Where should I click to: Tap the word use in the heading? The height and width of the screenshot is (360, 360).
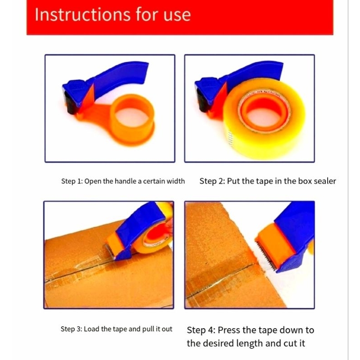click(177, 15)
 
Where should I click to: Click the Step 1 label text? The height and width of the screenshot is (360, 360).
click(72, 181)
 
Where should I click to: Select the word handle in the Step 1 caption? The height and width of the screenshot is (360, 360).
click(126, 181)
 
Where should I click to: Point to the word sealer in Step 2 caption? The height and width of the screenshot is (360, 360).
click(325, 181)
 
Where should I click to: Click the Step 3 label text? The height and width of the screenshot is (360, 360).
click(71, 329)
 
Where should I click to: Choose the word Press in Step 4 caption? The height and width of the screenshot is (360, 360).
click(229, 330)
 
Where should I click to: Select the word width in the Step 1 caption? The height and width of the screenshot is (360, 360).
click(175, 181)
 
